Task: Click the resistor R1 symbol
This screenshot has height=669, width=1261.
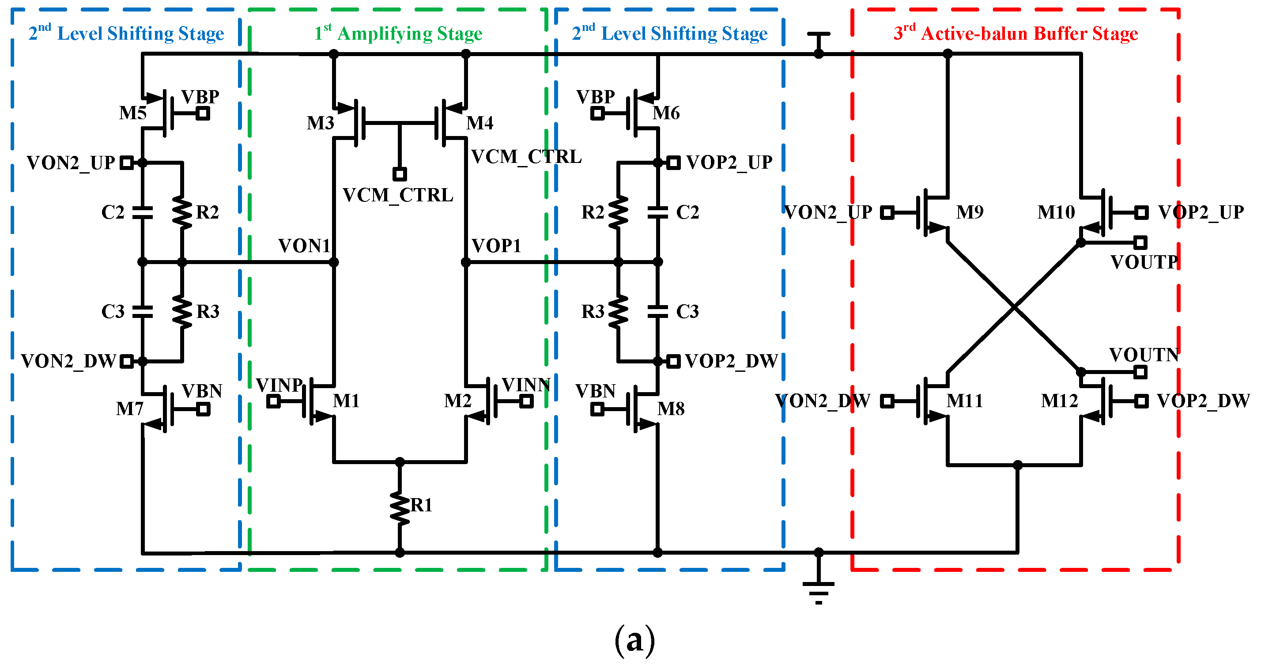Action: (x=400, y=508)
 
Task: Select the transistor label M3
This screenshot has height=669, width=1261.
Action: (x=320, y=123)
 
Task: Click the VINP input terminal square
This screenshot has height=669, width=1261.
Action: (x=274, y=401)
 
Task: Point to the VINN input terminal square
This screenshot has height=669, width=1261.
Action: (x=526, y=401)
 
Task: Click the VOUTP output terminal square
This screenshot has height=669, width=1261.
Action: (x=1140, y=242)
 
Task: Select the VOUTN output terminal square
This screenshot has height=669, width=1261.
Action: (x=1140, y=372)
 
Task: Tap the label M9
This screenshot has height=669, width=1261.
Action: (x=970, y=212)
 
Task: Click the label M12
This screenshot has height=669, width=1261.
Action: (x=1059, y=401)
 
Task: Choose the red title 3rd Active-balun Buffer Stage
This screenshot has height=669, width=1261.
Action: (x=1015, y=33)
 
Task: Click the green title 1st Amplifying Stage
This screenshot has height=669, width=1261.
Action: (x=398, y=33)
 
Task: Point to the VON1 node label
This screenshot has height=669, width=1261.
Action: (x=304, y=246)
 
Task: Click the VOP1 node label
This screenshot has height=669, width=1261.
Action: (x=496, y=246)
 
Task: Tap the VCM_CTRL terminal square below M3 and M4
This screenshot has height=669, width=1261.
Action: (x=400, y=174)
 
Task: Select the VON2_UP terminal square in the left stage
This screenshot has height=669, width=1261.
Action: (x=127, y=163)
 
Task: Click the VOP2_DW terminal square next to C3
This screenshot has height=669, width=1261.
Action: (x=674, y=361)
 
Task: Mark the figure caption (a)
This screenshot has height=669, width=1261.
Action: (x=634, y=639)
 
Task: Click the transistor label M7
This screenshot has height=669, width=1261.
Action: (x=129, y=408)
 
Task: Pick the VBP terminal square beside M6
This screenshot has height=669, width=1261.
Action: (x=597, y=113)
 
